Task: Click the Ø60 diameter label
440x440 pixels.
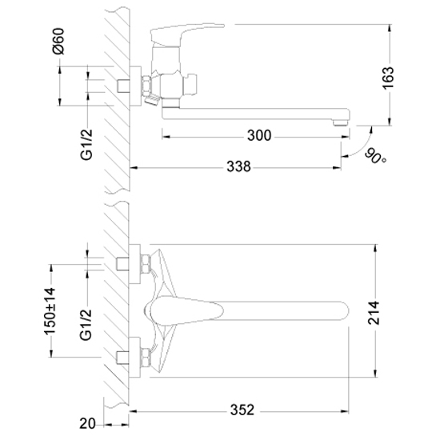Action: pos(58,41)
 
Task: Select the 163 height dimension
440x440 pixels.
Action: pos(389,78)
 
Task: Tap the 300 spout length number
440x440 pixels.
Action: pos(259,135)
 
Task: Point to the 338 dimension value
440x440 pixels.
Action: pos(238,166)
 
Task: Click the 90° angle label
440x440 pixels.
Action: pos(375,157)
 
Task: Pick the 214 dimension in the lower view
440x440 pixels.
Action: pos(374,313)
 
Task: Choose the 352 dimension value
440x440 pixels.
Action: pos(242,410)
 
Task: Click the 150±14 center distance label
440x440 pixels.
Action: pos(50,311)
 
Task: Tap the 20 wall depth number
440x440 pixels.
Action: pos(87,423)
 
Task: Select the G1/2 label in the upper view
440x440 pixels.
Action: pos(86,145)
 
